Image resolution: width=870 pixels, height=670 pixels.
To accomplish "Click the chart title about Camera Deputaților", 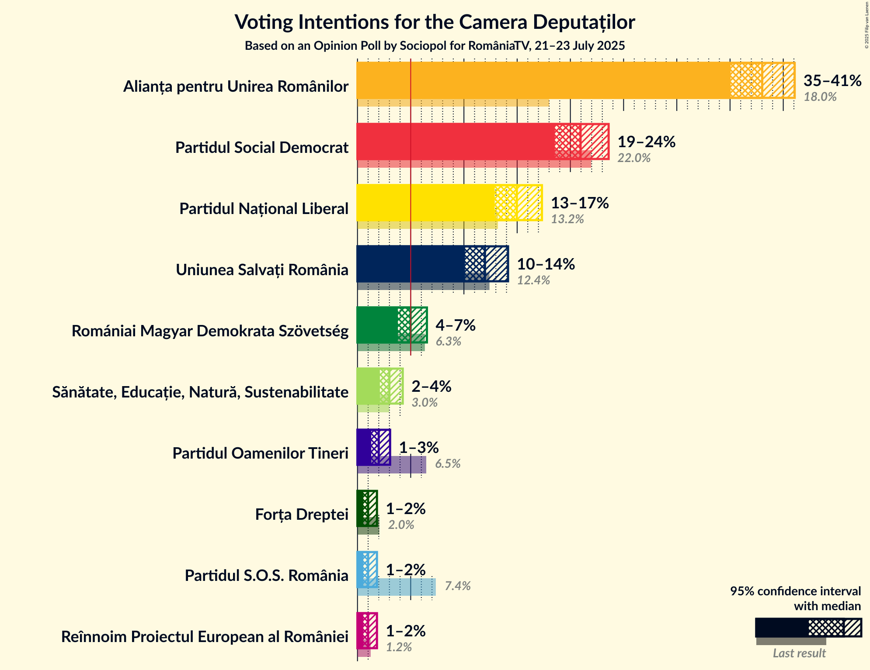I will pos(435,22).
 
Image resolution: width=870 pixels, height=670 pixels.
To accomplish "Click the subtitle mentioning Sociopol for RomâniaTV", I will pos(435,46).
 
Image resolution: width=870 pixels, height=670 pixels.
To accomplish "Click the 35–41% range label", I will pos(832,81).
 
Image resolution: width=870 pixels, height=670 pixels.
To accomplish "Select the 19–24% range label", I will pos(646,142).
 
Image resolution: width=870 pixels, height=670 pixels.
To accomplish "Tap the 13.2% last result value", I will pos(567,219).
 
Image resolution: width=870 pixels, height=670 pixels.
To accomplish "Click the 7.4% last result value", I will pos(457,586).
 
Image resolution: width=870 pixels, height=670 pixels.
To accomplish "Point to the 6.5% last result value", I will pos(448,464).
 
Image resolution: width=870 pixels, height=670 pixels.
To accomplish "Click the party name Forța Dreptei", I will pos(302,515).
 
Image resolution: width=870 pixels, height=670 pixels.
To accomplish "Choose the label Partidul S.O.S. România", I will pos(266,576).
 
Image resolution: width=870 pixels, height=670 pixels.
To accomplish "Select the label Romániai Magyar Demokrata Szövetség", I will pos(210,331).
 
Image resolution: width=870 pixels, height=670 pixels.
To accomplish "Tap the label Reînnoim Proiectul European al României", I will pos(205,637).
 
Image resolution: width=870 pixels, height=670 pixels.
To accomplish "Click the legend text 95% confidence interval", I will pos(795,591).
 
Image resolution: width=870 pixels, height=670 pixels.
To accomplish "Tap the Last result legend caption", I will pos(799,653).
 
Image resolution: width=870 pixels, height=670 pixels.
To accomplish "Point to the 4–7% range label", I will pos(455,325).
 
